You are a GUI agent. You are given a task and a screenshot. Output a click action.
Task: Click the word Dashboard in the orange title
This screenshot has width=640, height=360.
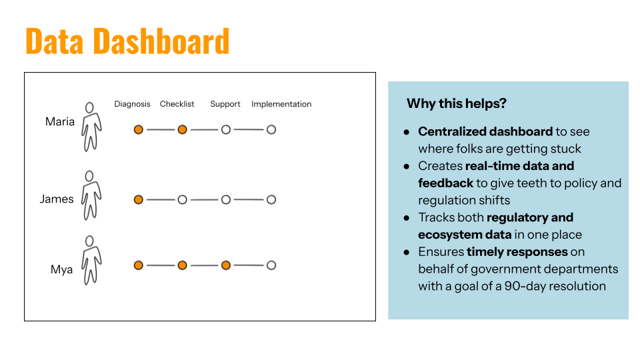[161, 41]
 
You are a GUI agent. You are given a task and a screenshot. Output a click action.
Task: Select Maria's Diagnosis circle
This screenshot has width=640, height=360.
[139, 130]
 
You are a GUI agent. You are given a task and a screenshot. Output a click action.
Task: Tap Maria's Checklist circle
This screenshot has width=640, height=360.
[182, 130]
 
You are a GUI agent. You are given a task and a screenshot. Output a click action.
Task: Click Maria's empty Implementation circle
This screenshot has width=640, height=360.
[271, 130]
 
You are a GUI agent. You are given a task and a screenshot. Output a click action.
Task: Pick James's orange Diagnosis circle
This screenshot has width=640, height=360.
[139, 199]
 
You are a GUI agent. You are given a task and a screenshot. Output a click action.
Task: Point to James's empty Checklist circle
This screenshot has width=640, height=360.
[182, 199]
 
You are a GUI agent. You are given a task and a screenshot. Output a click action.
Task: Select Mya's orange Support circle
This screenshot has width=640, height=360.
[226, 265]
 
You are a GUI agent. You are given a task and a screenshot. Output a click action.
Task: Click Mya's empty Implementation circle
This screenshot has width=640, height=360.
[271, 265]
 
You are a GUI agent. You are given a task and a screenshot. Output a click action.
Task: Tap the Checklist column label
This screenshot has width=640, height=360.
[177, 104]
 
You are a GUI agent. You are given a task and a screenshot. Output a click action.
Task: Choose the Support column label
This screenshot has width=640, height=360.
[225, 105]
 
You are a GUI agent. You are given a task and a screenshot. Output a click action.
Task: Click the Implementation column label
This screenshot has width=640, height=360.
[281, 104]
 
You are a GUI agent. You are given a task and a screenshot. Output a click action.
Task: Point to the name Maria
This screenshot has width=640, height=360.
[60, 121]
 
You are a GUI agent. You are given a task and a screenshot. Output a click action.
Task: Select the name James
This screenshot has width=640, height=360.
[57, 199]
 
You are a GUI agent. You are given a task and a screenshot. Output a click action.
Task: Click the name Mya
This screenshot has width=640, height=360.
[61, 270]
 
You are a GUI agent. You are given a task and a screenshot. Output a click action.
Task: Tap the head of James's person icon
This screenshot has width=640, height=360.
[89, 176]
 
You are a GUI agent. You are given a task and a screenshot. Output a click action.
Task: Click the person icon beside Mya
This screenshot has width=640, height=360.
[91, 261]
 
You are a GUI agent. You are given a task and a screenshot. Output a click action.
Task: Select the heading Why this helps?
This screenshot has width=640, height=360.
[456, 104]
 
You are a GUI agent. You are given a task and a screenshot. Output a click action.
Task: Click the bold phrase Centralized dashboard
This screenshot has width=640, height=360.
[485, 131]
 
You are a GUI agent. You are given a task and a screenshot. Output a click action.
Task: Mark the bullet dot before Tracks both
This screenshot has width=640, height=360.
[406, 218]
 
